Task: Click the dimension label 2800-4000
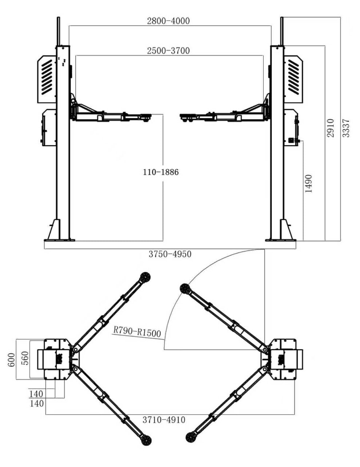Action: click(x=168, y=21)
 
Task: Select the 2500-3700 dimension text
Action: click(x=168, y=51)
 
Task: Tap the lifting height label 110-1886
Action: click(x=161, y=172)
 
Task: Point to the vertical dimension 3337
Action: click(x=346, y=128)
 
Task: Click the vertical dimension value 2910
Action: click(x=331, y=128)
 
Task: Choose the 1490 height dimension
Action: click(x=308, y=184)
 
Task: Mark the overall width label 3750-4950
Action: click(x=170, y=254)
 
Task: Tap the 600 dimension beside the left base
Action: click(x=12, y=360)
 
